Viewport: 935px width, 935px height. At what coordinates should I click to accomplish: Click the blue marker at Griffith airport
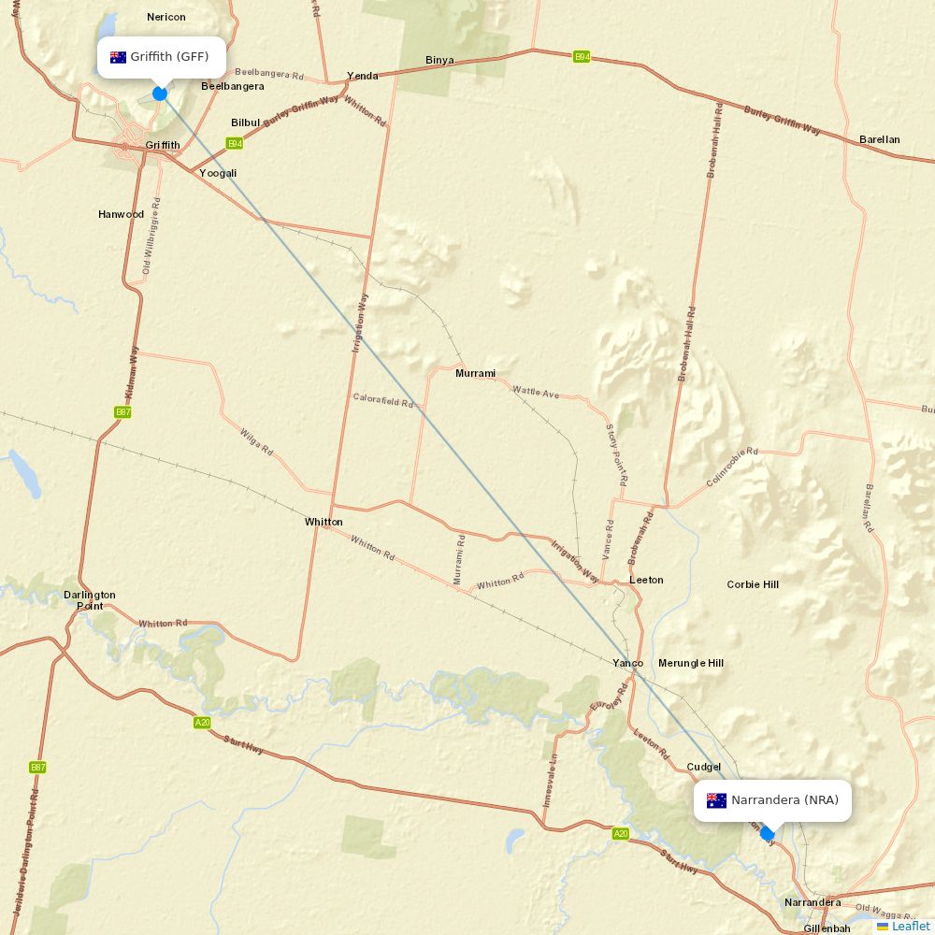point(160,93)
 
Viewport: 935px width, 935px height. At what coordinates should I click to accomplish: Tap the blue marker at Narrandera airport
point(768,833)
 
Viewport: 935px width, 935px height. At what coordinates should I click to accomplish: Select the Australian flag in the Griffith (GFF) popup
point(118,57)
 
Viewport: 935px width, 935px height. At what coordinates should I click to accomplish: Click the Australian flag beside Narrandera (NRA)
point(716,800)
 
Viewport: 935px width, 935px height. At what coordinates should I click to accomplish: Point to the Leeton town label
point(646,580)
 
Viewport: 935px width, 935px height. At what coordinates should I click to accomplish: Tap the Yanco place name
point(627,663)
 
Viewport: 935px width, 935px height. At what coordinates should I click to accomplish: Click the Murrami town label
point(475,373)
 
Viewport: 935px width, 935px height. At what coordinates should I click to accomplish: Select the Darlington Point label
point(90,599)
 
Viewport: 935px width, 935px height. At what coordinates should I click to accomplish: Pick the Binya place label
point(439,60)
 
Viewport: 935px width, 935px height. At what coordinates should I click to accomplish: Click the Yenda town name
point(363,76)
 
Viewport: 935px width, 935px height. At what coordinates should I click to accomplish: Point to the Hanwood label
point(122,214)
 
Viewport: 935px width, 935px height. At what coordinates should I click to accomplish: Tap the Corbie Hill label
point(753,584)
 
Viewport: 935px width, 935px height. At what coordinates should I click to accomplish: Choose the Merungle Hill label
point(691,663)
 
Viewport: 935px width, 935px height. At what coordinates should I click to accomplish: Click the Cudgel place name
point(704,767)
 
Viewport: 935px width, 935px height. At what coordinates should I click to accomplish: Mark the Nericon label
point(166,17)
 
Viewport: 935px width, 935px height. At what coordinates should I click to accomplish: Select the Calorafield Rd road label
point(383,400)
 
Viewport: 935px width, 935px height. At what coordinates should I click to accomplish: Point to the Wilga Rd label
point(256,442)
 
